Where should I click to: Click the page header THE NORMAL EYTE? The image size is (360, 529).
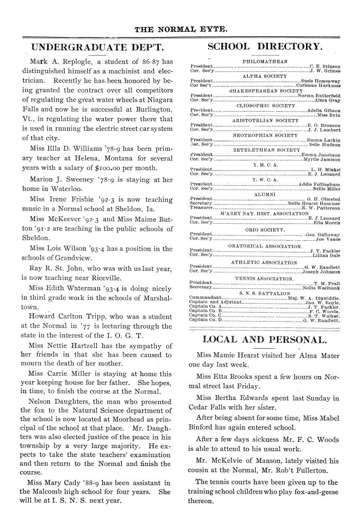(x=179, y=27)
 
